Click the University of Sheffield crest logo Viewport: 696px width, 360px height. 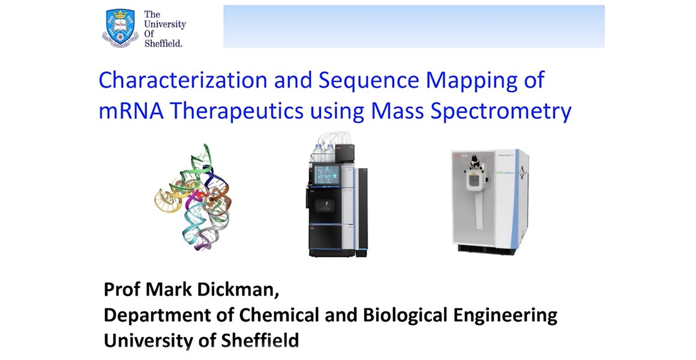[120, 28]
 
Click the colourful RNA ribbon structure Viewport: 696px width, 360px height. [193, 196]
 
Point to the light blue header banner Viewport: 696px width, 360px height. [414, 26]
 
